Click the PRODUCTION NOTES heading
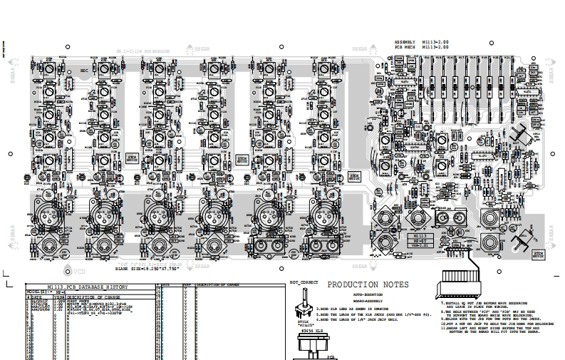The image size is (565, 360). click(367, 284)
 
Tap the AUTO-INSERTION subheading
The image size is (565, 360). click(367, 293)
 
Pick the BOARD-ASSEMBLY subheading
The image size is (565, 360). click(367, 300)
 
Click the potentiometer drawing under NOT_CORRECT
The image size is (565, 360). click(299, 314)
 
